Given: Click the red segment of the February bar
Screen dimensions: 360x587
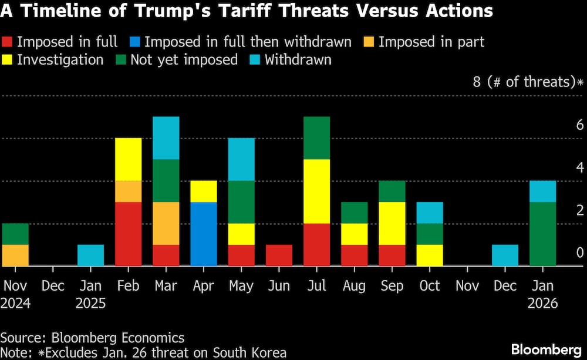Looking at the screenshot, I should (x=128, y=234).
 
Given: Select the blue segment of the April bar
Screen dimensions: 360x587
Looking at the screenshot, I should (x=204, y=234).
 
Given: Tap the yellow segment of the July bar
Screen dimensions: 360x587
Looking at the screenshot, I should (x=316, y=191).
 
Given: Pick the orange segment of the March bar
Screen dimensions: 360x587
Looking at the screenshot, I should (x=166, y=223).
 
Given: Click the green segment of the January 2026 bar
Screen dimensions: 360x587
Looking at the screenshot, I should (x=542, y=234).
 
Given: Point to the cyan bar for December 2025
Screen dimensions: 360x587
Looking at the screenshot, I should (x=505, y=255).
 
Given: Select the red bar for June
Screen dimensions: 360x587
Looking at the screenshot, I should (x=279, y=255).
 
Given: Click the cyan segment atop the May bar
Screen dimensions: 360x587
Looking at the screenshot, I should (x=241, y=159).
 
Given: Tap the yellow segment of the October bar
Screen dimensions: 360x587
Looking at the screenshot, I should (x=430, y=255).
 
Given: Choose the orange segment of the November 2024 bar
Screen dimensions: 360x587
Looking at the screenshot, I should (x=15, y=255).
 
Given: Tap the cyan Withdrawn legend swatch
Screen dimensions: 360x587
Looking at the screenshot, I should (x=254, y=60).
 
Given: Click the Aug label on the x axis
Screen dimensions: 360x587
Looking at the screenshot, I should (x=355, y=286).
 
